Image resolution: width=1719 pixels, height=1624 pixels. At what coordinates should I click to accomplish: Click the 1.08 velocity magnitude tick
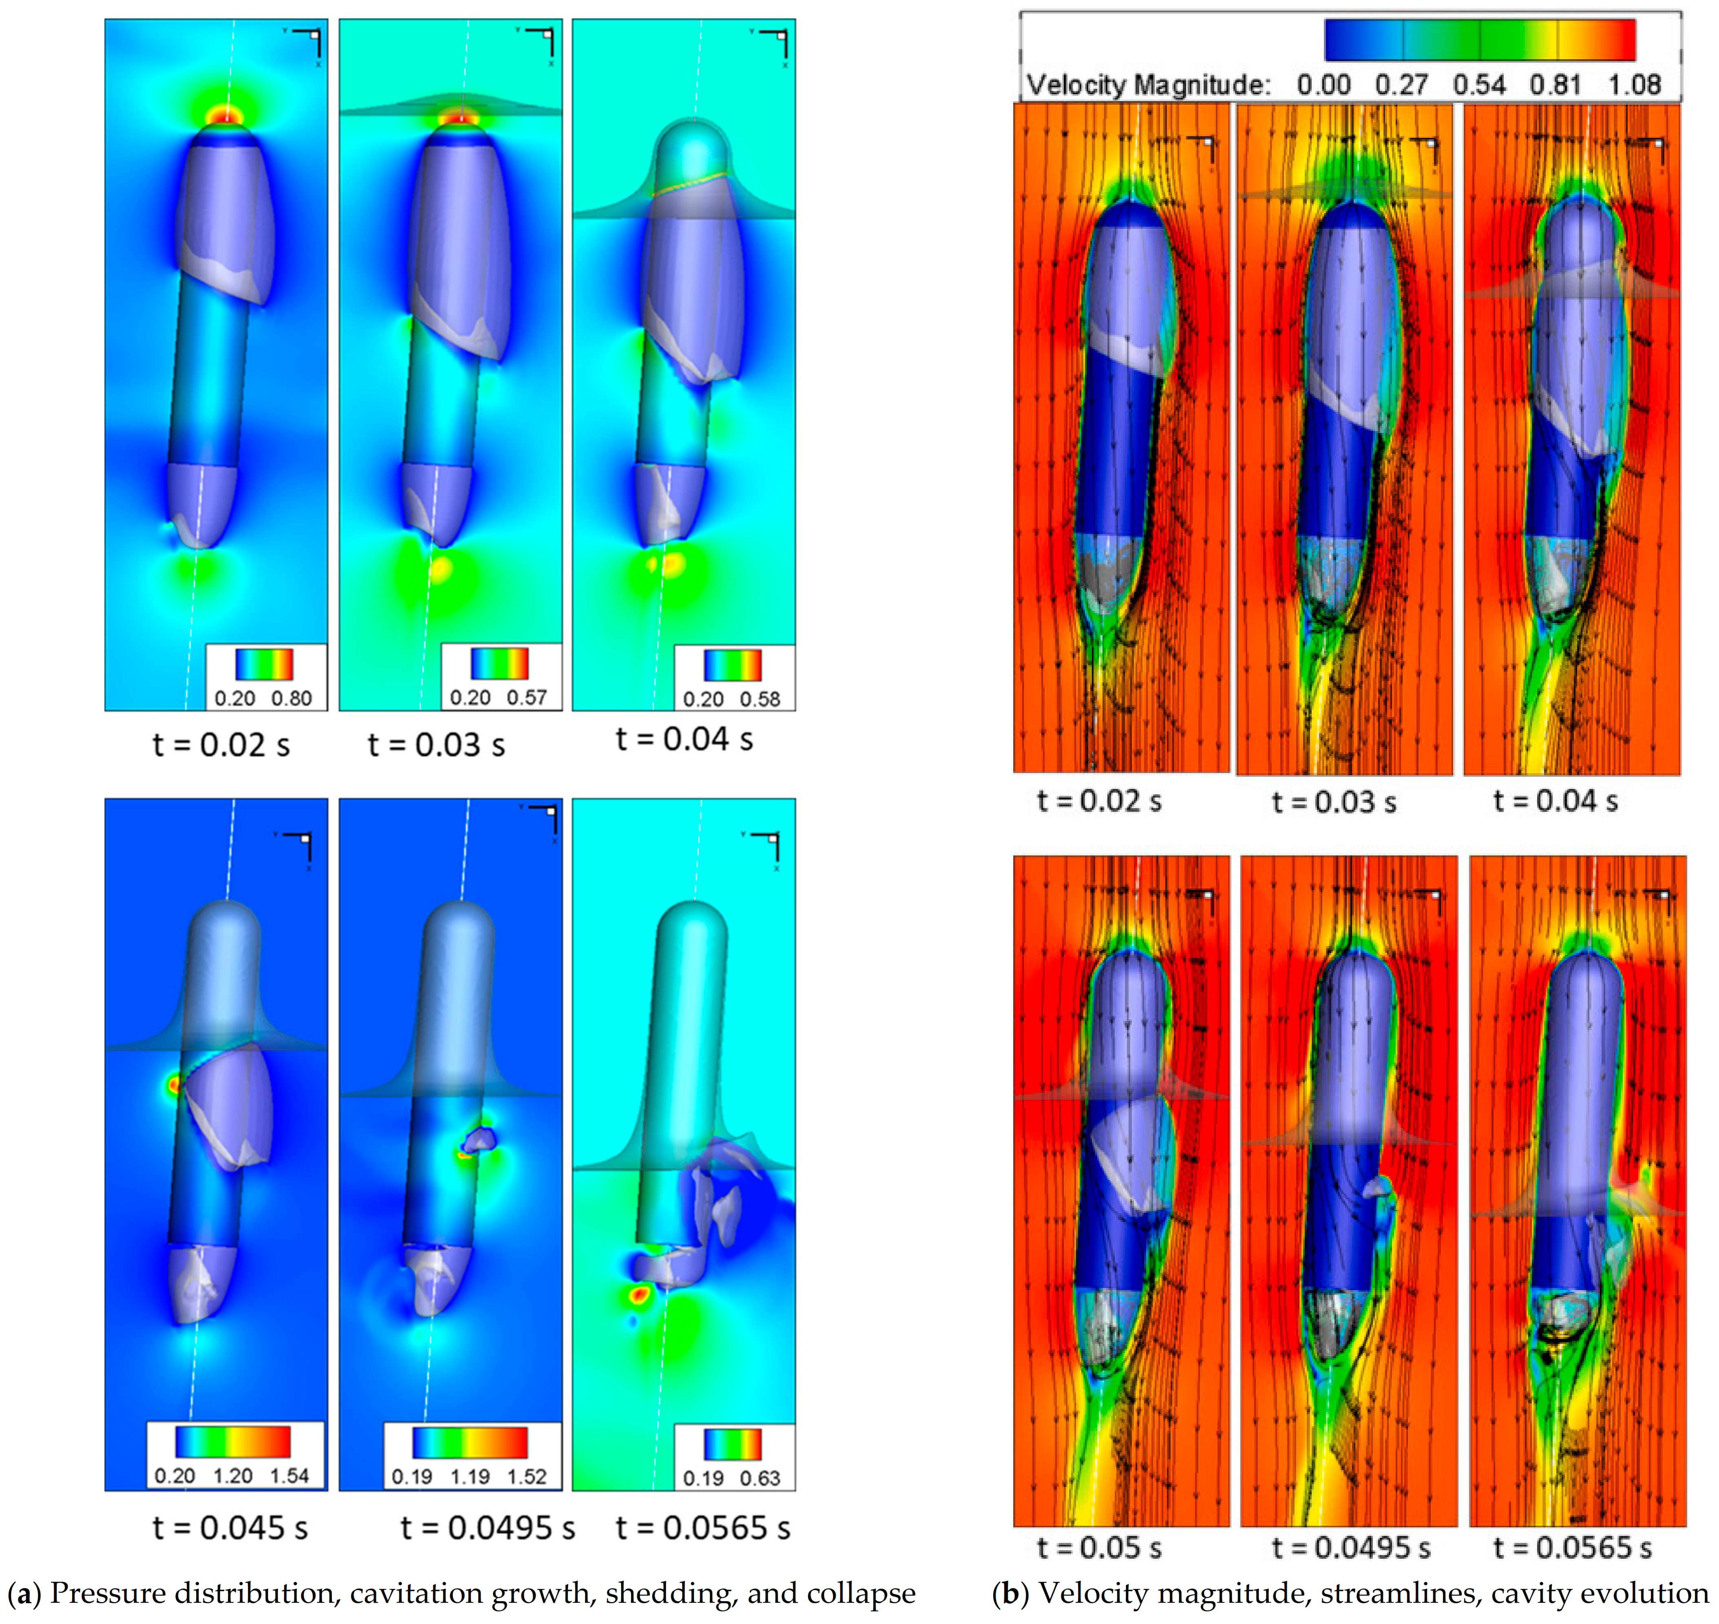point(1634,85)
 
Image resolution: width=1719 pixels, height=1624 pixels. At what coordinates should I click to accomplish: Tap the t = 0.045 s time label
point(230,1528)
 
